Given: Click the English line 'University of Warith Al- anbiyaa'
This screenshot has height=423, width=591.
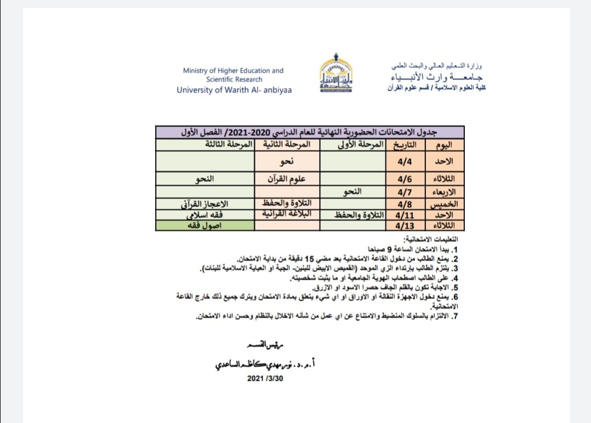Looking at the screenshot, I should pyautogui.click(x=234, y=91).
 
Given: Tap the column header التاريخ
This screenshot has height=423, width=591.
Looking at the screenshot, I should pyautogui.click(x=405, y=145).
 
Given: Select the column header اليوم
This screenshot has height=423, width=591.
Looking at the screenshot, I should pyautogui.click(x=442, y=145).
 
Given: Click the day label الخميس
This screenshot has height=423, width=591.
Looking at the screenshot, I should pyautogui.click(x=445, y=204).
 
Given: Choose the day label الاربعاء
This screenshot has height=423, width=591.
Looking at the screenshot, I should pyautogui.click(x=445, y=191).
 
